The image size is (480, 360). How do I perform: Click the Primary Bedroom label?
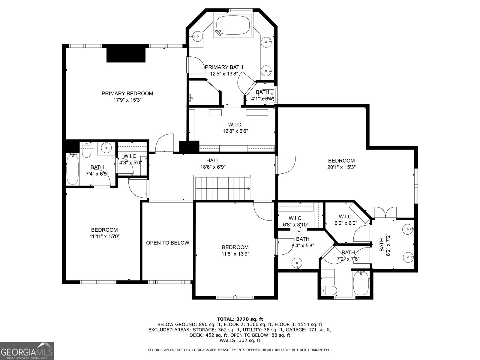(127, 94)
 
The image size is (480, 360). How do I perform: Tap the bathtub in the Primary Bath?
(233, 25)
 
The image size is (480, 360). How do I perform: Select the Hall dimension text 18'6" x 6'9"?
(213, 167)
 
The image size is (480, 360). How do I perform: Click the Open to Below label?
(167, 243)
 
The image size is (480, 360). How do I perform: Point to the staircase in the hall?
(223, 188)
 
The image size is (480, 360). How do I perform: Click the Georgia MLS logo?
(27, 351)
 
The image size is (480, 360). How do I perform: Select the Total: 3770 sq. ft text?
(240, 319)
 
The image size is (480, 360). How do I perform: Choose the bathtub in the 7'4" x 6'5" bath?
(72, 169)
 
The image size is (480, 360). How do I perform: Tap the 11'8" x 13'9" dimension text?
(235, 254)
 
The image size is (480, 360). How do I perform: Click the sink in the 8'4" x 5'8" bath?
(297, 263)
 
